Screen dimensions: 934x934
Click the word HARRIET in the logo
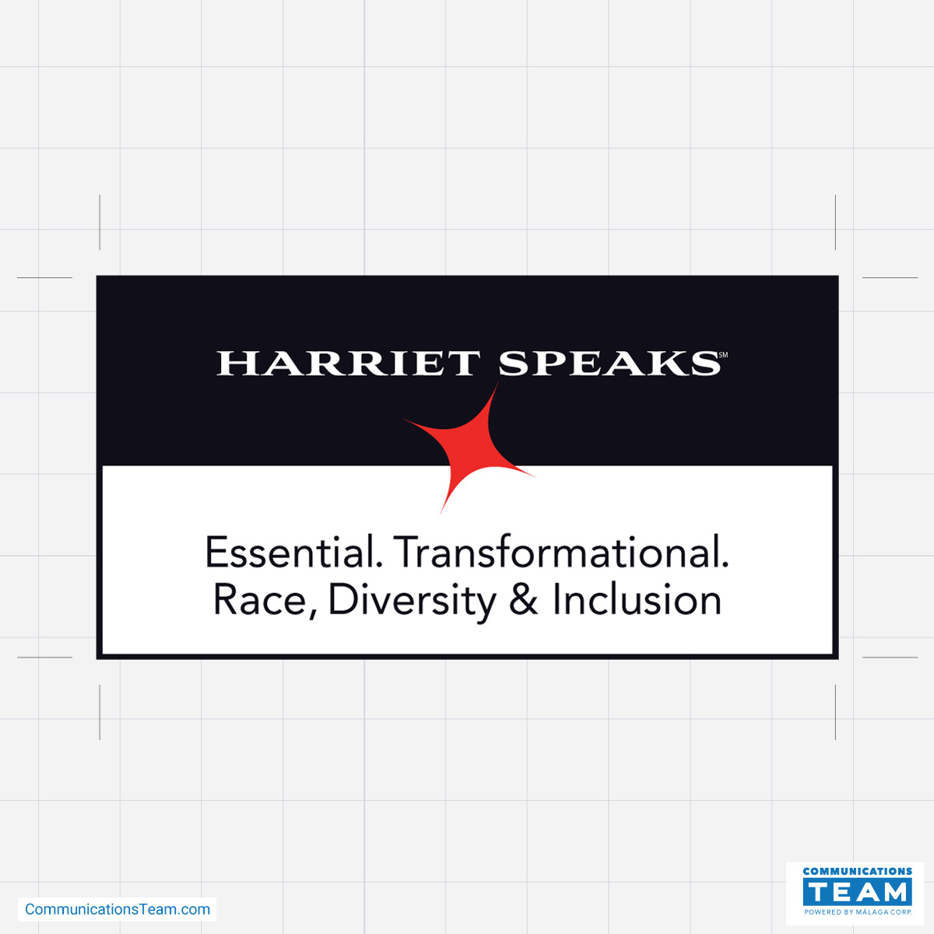click(x=349, y=363)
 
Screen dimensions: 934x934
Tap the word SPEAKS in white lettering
click(x=609, y=363)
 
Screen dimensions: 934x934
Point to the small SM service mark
click(x=722, y=355)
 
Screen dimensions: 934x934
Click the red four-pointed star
click(x=469, y=448)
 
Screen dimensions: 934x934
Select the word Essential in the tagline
click(x=294, y=552)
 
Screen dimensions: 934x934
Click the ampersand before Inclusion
click(x=524, y=599)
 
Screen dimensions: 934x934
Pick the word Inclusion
click(x=637, y=599)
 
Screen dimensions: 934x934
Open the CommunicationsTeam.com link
click(x=118, y=909)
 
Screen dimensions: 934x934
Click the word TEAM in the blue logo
click(x=858, y=892)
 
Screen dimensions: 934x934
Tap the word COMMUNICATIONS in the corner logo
click(x=858, y=871)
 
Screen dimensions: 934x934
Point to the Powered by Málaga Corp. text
click(x=858, y=912)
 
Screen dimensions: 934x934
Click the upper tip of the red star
click(x=498, y=383)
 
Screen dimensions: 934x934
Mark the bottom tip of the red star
click(x=441, y=513)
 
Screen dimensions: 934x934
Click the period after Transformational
click(x=725, y=565)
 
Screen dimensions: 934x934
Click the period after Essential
click(x=380, y=565)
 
